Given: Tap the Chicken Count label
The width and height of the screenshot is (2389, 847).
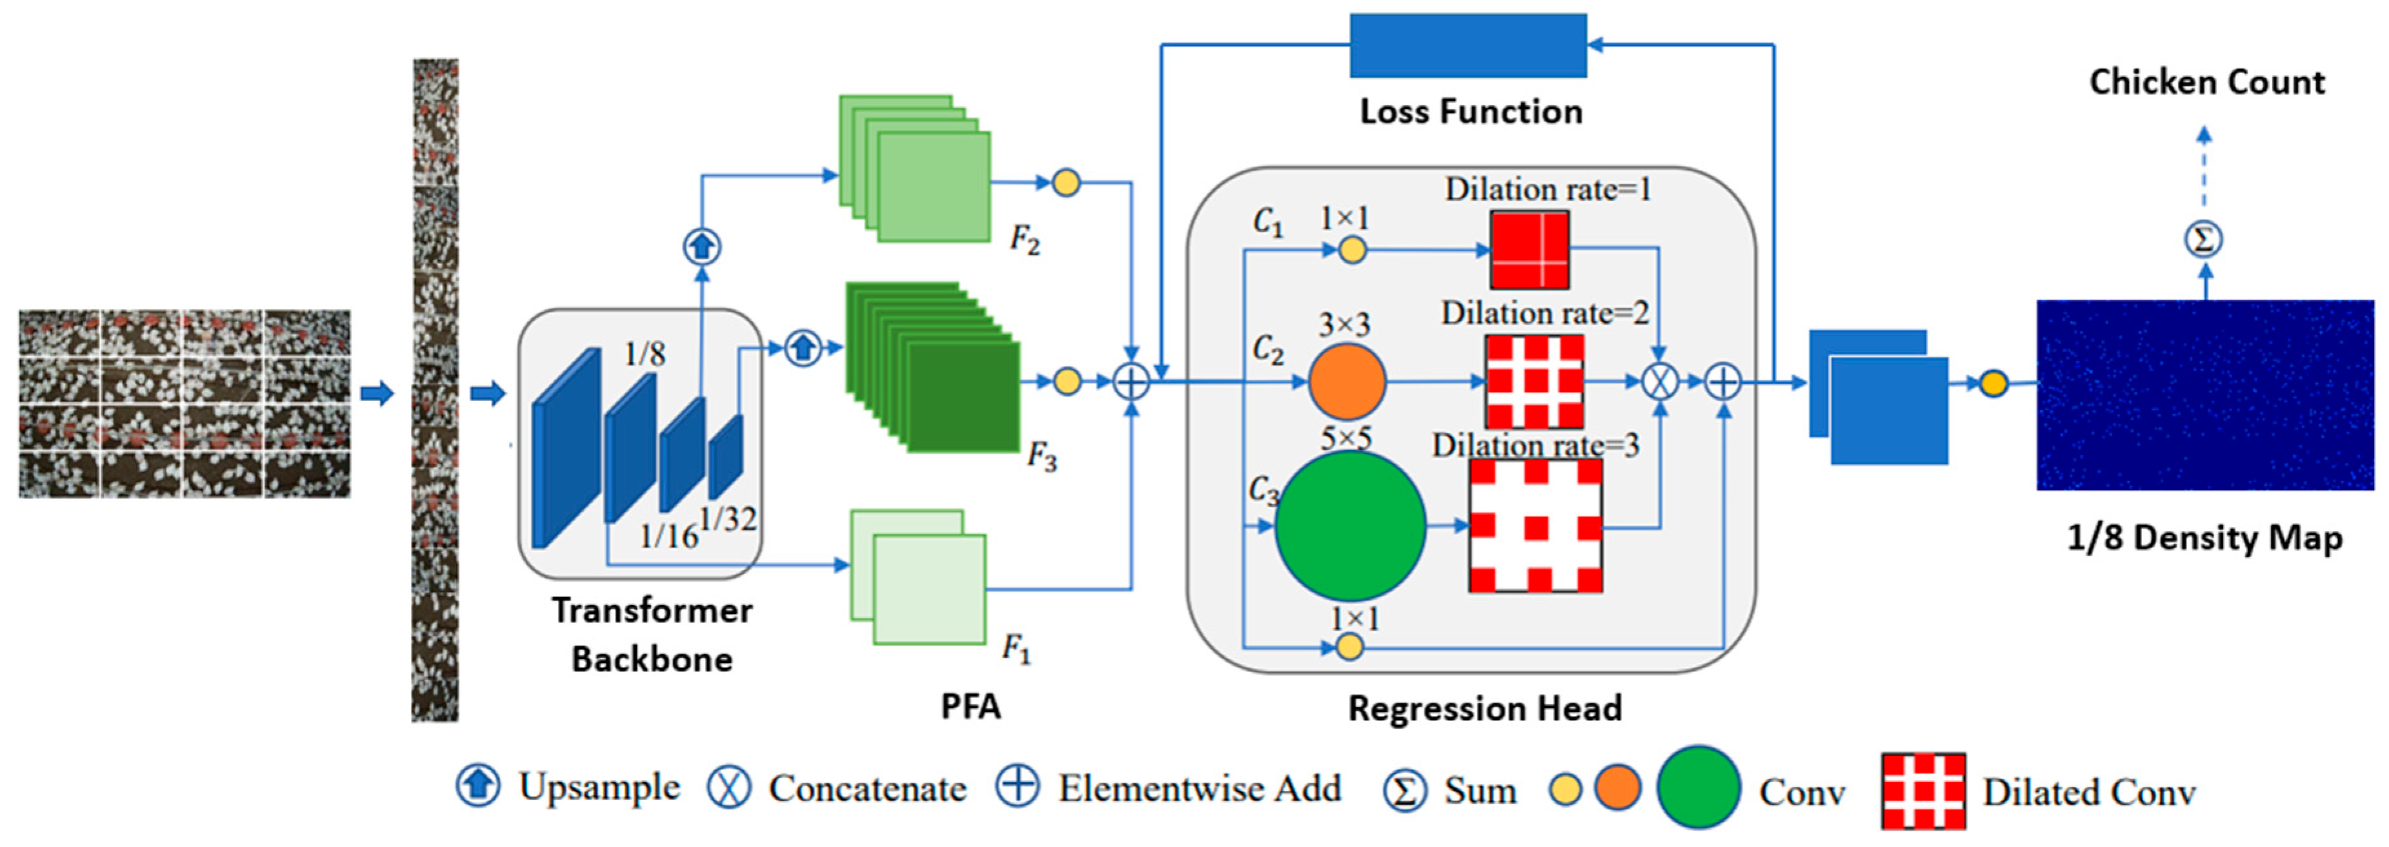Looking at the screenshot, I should tap(2206, 81).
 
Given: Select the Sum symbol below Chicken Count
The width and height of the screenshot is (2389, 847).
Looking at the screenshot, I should tap(2204, 240).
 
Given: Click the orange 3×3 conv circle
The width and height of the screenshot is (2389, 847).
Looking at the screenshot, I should tap(1346, 382).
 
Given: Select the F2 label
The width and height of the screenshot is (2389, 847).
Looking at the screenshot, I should tap(1024, 240).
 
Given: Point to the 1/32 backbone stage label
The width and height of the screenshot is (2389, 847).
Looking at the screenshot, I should tap(727, 518).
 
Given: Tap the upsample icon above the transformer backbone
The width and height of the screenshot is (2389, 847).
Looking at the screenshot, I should tap(702, 247).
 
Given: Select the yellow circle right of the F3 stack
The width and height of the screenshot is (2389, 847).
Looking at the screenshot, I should tap(1068, 382).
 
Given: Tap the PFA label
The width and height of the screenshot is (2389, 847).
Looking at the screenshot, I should tap(970, 707).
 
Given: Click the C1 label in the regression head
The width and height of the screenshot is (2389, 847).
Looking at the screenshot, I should tap(1268, 221).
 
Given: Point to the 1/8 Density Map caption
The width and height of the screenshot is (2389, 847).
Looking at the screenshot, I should tap(2204, 537).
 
